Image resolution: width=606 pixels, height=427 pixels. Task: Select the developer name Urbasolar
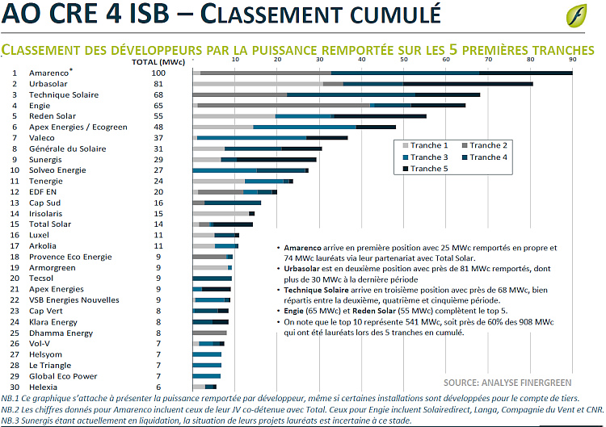pos(49,84)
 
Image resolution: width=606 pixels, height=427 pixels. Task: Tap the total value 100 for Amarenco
pos(158,73)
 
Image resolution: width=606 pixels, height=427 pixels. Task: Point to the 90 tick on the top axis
pos(572,61)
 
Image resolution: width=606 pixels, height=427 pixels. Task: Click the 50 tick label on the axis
pos(403,61)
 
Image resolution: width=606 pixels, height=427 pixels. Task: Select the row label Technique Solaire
pos(64,94)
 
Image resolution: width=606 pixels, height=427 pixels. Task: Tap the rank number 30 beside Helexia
pos(14,387)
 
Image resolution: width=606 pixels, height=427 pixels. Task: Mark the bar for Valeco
pos(270,138)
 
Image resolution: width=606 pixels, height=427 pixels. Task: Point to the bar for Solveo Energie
pos(250,170)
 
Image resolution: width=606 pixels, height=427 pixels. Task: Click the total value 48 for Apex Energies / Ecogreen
pos(158,127)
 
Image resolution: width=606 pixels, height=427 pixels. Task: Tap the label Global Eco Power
pos(63,376)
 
